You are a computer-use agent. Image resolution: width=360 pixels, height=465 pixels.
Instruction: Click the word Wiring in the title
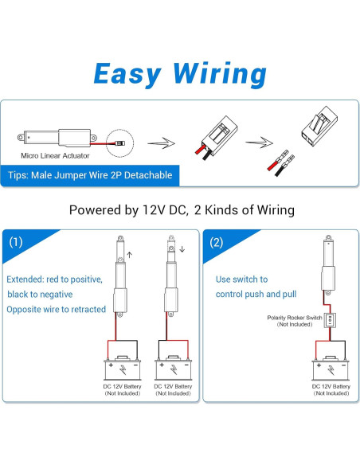(220, 74)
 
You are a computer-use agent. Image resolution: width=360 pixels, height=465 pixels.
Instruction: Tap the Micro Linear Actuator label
(55, 156)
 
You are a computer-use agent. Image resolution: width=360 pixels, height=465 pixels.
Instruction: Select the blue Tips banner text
(90, 175)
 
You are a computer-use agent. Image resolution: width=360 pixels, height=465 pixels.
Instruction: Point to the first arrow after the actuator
(162, 143)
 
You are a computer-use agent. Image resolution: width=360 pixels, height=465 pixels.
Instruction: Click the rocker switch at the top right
(320, 126)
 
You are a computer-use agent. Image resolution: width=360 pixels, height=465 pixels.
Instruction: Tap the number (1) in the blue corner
(16, 242)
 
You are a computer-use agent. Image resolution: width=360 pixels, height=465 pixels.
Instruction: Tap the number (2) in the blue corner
(216, 242)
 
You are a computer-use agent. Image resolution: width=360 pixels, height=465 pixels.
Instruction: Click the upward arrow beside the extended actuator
(129, 255)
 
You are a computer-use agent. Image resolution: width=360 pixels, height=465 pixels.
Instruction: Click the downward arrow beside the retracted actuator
(182, 249)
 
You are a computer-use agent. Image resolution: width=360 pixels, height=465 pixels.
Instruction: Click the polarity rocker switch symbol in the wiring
(330, 320)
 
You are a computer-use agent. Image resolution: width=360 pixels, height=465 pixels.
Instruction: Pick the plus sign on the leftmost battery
(111, 365)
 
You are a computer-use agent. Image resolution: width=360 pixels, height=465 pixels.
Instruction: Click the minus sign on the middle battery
(187, 365)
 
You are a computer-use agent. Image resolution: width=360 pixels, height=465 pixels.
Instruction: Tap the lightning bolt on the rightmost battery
(331, 370)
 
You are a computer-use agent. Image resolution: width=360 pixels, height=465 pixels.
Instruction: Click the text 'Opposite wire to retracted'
(57, 309)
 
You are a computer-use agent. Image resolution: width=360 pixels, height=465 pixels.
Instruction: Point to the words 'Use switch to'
(241, 279)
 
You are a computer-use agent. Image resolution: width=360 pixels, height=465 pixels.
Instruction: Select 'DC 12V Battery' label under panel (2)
(331, 386)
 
